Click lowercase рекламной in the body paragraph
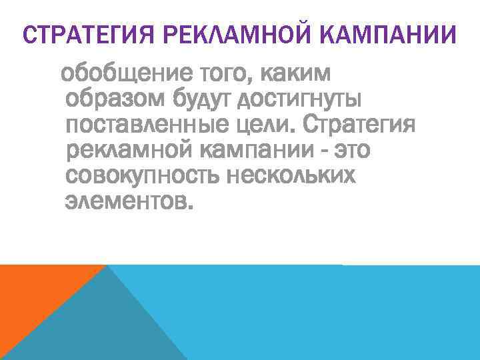[x=129, y=151]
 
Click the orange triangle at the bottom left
[x=33, y=293]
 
